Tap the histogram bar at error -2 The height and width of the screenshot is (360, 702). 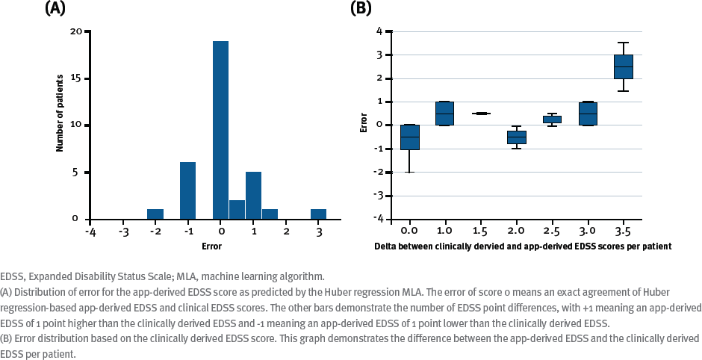[x=155, y=214]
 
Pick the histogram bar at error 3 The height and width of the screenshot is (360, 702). [x=318, y=214]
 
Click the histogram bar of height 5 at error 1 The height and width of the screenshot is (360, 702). [x=253, y=196]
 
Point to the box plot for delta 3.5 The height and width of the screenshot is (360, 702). [x=623, y=66]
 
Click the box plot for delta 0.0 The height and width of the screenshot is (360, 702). [x=409, y=137]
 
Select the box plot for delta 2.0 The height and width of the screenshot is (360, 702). [x=516, y=137]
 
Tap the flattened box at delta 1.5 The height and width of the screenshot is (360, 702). [x=480, y=114]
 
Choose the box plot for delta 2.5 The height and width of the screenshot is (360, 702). [x=552, y=119]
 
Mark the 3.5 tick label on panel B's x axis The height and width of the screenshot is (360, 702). [x=623, y=232]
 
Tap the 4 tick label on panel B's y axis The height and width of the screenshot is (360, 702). [x=379, y=31]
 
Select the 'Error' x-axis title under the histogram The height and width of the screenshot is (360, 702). [x=212, y=246]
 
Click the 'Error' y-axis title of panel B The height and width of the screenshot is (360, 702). [x=364, y=122]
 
